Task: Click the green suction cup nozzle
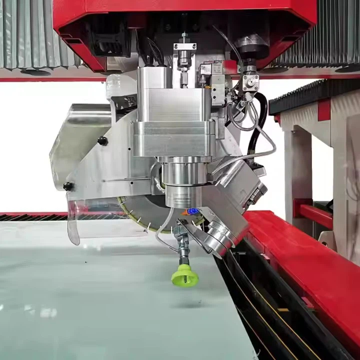pyautogui.click(x=185, y=275)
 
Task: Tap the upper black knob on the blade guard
pyautogui.click(x=102, y=141)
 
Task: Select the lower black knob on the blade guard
pyautogui.click(x=68, y=186)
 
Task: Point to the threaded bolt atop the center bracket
pyautogui.click(x=184, y=38)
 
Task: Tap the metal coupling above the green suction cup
pyautogui.click(x=182, y=250)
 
